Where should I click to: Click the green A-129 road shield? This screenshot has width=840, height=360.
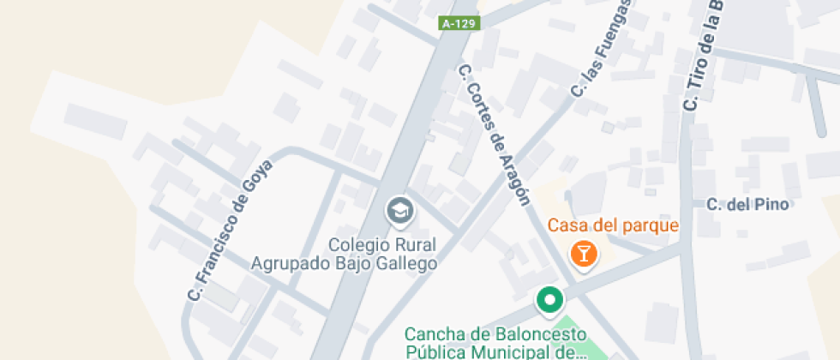[459, 24]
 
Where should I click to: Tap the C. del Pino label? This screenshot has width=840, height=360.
[747, 204]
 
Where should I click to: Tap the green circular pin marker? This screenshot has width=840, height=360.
[549, 300]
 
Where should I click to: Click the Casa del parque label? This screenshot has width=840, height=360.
[613, 226]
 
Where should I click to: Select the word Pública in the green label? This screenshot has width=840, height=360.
[433, 351]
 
